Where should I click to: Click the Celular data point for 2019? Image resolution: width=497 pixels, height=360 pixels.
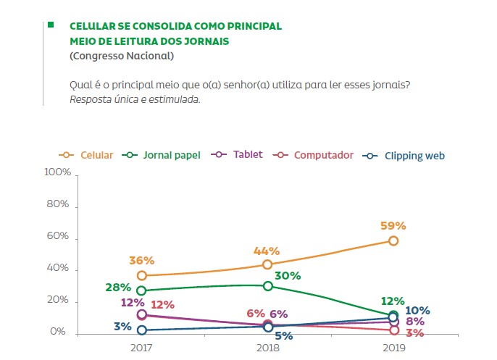(x=393, y=240)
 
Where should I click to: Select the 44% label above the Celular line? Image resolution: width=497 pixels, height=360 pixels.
(x=267, y=251)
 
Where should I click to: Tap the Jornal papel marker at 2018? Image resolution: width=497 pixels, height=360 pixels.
(x=268, y=286)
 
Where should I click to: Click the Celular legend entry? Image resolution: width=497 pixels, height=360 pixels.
(x=90, y=155)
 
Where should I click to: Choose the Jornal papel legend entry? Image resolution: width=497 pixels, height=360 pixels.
(x=165, y=155)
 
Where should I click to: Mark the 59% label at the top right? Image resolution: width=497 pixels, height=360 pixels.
(x=393, y=225)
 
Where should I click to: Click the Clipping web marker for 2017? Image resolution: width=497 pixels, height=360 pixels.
(x=142, y=330)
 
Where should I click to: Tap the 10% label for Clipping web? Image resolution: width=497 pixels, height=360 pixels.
(x=418, y=311)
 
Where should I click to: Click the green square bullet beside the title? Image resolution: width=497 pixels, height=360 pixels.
(x=51, y=25)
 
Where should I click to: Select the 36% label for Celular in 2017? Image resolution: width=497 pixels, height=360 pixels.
(x=142, y=261)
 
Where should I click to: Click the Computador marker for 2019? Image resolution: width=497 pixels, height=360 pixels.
(x=393, y=330)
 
